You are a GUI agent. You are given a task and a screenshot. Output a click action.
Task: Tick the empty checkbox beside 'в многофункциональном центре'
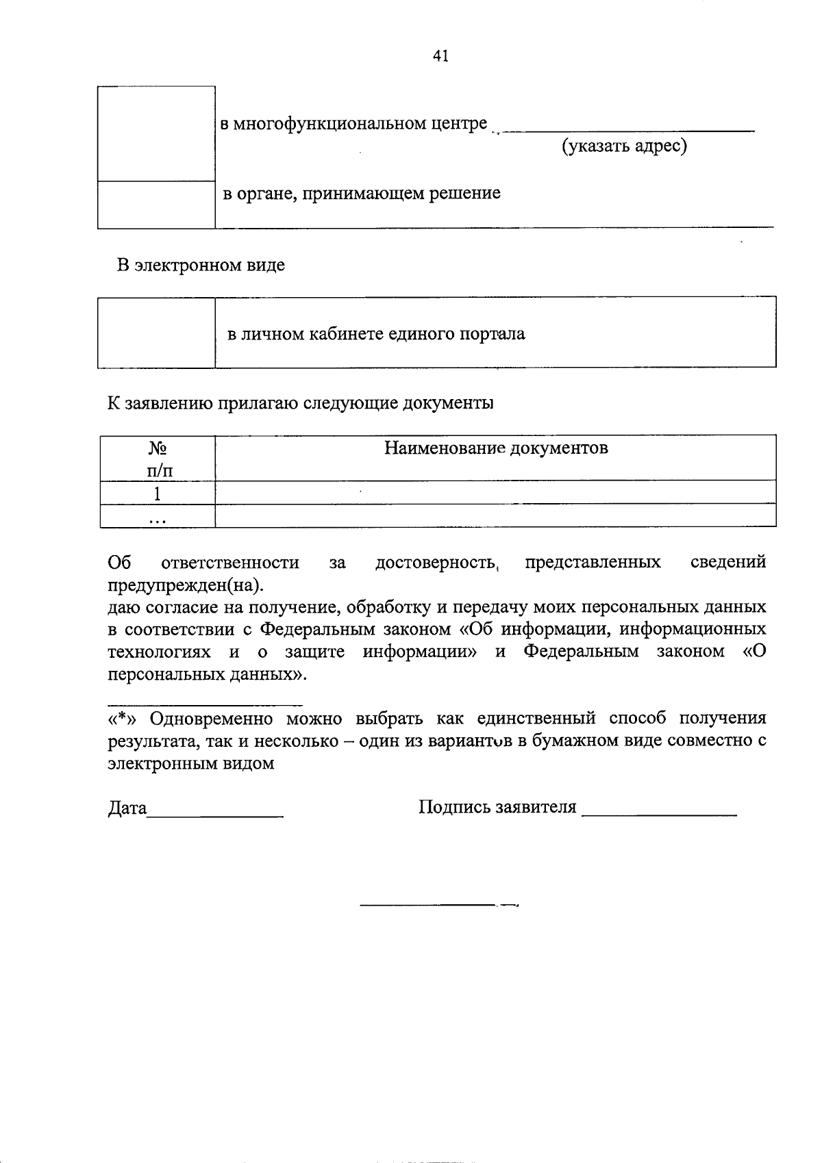156,133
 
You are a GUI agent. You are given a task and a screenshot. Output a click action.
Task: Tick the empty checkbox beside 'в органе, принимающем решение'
156,205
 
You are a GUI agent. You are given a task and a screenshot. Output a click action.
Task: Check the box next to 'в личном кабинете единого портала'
156,333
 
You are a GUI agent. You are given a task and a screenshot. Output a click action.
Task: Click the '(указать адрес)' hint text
624,146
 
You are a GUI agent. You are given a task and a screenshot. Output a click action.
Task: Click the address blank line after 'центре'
627,129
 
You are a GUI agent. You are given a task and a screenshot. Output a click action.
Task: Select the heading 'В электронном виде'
200,265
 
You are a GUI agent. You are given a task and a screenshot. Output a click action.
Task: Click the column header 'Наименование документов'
495,448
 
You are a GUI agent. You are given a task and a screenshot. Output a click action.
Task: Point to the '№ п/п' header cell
158,459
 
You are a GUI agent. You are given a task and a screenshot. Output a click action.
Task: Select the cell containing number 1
158,493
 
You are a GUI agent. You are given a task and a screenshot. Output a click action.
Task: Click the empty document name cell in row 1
495,493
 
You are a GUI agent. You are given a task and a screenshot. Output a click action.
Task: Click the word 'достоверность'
436,563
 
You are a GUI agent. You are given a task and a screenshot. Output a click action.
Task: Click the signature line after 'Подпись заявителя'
659,814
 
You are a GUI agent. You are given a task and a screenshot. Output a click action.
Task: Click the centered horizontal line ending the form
438,906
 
